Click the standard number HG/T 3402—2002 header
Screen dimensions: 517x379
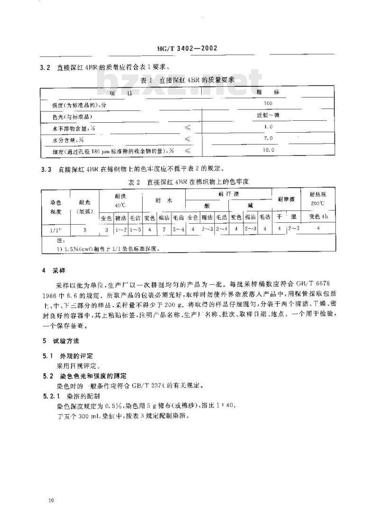[189, 48]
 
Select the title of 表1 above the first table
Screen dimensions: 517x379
[187, 80]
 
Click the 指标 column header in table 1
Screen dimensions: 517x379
[269, 91]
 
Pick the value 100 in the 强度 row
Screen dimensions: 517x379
[269, 103]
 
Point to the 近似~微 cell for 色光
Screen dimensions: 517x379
[269, 115]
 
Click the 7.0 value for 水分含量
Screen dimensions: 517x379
[269, 138]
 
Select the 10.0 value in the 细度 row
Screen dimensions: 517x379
[269, 150]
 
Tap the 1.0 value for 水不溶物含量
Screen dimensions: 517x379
[269, 127]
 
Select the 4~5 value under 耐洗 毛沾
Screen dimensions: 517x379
[135, 229]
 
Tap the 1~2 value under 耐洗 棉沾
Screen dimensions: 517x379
[120, 229]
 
